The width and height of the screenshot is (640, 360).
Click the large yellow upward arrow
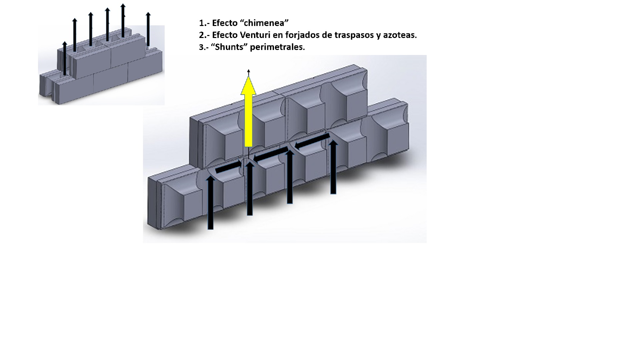[x=248, y=112]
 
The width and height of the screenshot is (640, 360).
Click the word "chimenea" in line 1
[x=264, y=23]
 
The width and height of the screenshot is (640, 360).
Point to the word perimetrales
[x=277, y=47]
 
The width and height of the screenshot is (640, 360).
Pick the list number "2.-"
[x=204, y=35]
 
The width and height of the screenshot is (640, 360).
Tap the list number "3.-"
[x=204, y=47]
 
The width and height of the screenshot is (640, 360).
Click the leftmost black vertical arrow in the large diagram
[x=210, y=202]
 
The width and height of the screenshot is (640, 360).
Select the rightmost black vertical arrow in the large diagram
[x=333, y=167]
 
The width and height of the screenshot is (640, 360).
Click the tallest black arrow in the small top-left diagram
[x=123, y=20]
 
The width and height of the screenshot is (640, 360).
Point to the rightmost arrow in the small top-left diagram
[x=148, y=29]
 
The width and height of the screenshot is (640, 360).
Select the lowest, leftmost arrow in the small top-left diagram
[x=65, y=58]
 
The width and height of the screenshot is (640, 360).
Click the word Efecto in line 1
[x=225, y=23]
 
